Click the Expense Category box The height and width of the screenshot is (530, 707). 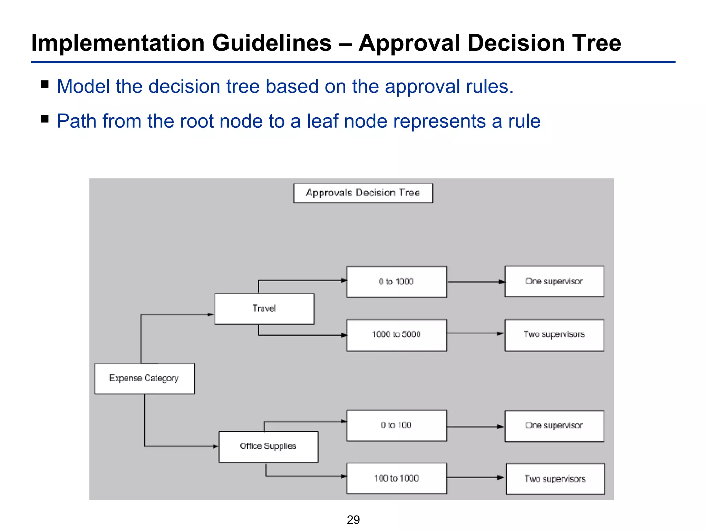pos(144,379)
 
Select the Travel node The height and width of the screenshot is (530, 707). pos(264,308)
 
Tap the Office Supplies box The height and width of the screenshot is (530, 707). pos(268,446)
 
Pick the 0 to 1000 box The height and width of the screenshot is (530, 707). pos(396,282)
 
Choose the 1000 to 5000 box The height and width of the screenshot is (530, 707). pos(396,335)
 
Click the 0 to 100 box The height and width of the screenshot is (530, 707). pos(396,425)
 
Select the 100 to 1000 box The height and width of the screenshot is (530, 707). pos(396,478)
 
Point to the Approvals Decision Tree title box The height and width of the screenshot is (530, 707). pos(363,193)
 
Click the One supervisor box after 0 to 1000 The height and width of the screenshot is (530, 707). pos(554,281)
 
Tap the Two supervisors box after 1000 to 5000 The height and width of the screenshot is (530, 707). pos(554,335)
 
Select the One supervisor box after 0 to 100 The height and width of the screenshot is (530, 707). pos(554,426)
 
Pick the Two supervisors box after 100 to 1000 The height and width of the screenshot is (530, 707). pos(555,479)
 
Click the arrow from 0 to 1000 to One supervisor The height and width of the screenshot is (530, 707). pos(475,282)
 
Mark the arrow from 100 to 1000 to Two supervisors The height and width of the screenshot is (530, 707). pos(475,478)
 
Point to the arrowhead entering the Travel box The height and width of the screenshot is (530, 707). pos(211,314)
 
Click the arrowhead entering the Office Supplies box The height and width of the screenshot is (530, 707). pos(215,446)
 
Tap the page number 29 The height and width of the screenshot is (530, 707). pos(353,520)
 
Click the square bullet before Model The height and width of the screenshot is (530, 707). pos(45,85)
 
